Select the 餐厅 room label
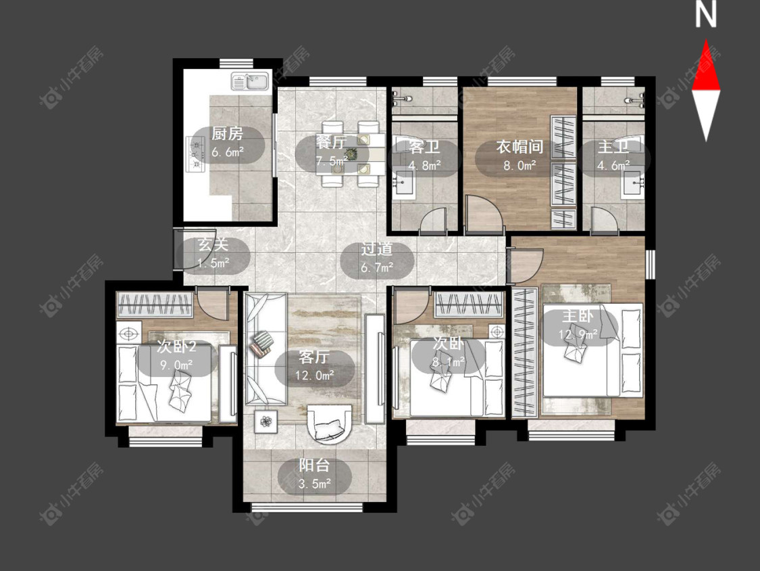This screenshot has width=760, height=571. point(331,142)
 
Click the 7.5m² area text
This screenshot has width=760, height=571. point(331,160)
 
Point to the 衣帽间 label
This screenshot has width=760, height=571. point(520,147)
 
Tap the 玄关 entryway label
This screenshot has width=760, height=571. point(213,244)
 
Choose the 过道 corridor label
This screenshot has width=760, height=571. point(376,249)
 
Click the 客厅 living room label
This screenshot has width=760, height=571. point(314,357)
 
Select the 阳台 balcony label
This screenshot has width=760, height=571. point(314,465)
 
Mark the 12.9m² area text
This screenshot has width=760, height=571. point(578,334)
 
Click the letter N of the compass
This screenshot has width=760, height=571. point(706,15)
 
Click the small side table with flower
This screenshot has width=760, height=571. point(265,421)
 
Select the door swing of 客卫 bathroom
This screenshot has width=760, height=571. point(432,220)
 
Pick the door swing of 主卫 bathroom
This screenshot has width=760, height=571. point(603,219)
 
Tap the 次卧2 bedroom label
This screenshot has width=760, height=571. point(176,346)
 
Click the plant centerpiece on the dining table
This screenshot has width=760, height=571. point(351,154)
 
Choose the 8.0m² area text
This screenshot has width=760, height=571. point(520,165)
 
